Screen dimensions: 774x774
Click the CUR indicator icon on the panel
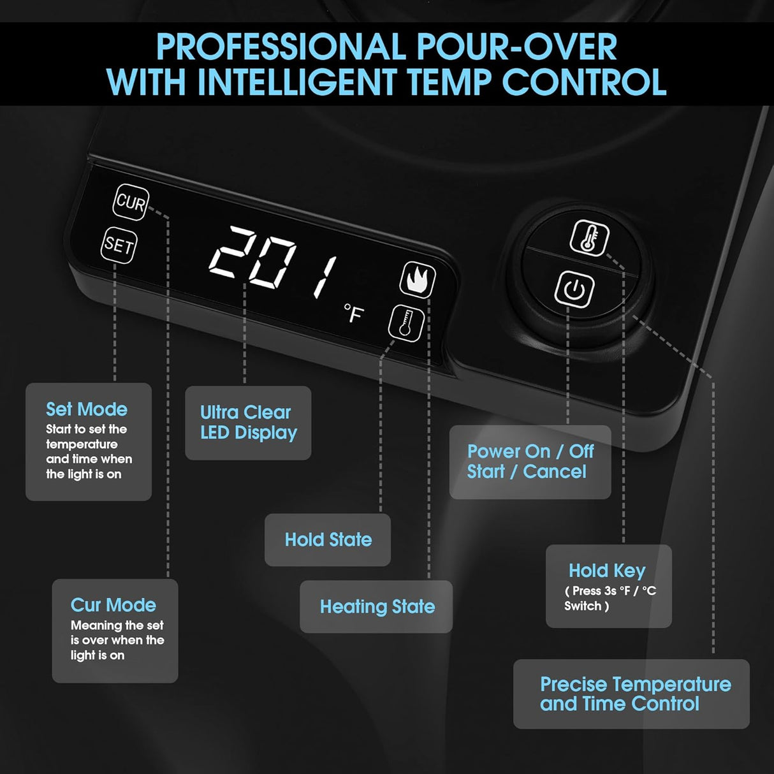click(x=131, y=202)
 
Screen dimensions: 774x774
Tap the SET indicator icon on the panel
click(x=119, y=245)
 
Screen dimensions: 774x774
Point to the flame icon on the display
click(x=418, y=279)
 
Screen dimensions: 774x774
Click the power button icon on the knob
click(x=574, y=289)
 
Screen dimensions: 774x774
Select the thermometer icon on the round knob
click(x=589, y=238)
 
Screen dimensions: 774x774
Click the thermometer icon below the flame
click(x=406, y=323)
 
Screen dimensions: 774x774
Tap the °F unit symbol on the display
click(x=354, y=313)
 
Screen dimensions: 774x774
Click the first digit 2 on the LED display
click(x=229, y=252)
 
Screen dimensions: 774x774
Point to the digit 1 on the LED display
click(x=325, y=277)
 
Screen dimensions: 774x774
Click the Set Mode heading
click(x=87, y=409)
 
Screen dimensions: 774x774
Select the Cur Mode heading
click(x=113, y=605)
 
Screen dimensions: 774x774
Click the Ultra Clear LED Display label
click(x=249, y=423)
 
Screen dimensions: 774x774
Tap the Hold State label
click(x=328, y=539)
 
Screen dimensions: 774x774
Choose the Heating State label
click(x=377, y=606)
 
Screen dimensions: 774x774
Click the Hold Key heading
click(x=607, y=571)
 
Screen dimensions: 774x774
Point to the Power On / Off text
click(x=530, y=451)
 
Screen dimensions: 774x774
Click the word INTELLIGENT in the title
click(x=298, y=82)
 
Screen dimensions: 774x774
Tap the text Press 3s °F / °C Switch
click(x=610, y=598)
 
